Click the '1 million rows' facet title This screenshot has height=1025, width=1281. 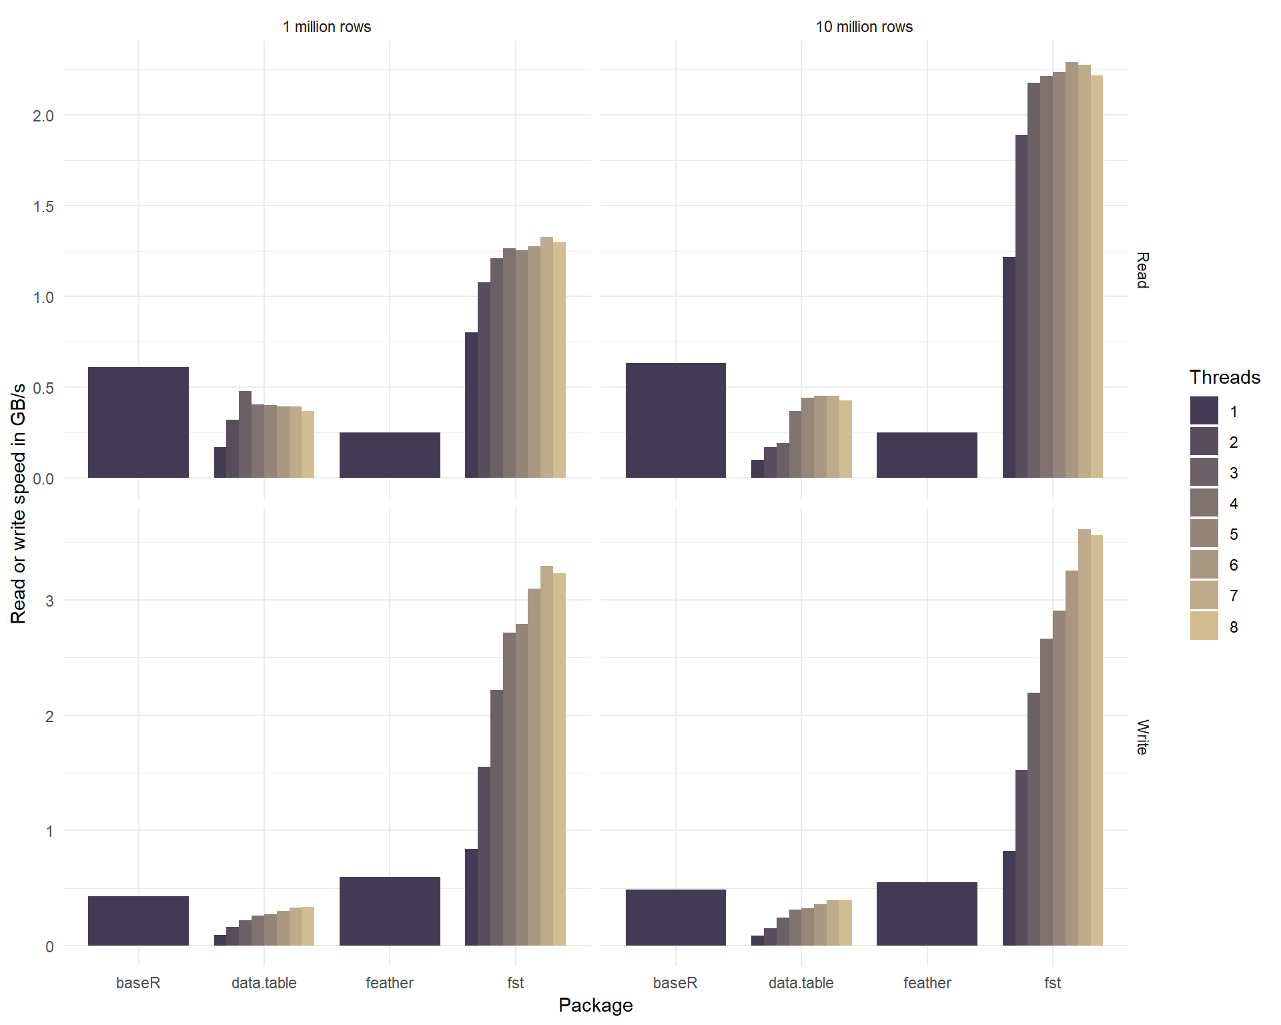(x=326, y=27)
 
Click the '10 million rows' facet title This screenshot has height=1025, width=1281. (x=864, y=27)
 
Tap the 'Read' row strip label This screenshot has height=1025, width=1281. (x=1142, y=270)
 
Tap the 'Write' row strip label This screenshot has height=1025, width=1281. (x=1142, y=737)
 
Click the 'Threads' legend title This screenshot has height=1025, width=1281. (x=1224, y=377)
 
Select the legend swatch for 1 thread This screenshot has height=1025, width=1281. (x=1204, y=411)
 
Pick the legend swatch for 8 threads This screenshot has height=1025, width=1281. (x=1204, y=627)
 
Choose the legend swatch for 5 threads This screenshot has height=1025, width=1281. (x=1204, y=534)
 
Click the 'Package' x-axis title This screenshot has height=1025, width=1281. (x=595, y=1005)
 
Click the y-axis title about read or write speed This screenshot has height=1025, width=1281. (x=19, y=503)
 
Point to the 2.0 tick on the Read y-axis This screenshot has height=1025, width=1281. (x=43, y=115)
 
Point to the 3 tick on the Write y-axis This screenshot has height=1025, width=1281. (x=49, y=601)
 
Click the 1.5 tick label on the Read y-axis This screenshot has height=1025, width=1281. (x=43, y=207)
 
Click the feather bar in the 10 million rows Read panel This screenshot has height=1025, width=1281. (x=927, y=455)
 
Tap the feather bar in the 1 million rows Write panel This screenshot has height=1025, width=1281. (x=390, y=911)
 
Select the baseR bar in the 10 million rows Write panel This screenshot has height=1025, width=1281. (x=675, y=918)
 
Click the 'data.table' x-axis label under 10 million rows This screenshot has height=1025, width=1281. (x=801, y=983)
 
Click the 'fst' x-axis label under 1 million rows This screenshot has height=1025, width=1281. (x=515, y=983)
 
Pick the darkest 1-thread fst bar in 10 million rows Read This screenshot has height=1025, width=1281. (x=1009, y=367)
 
